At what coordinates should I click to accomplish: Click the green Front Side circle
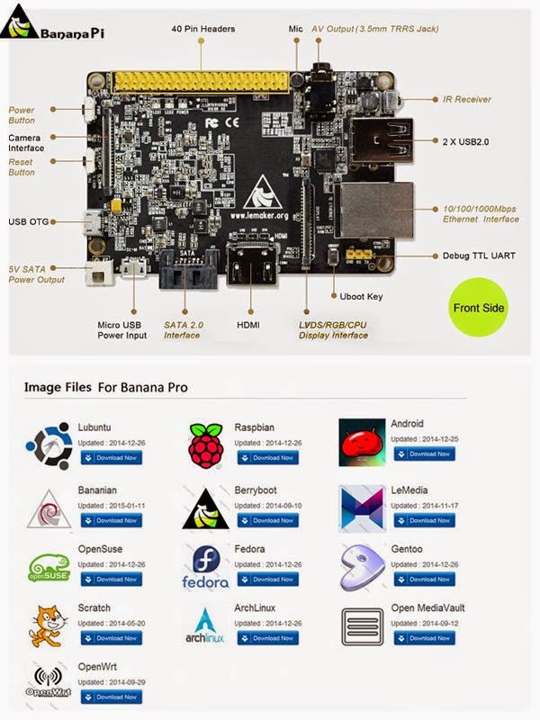[x=479, y=308]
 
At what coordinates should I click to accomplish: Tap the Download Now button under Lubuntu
[x=112, y=458]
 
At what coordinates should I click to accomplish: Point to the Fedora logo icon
[x=204, y=568]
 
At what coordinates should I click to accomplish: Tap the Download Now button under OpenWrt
[x=112, y=697]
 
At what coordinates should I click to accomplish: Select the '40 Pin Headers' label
[x=203, y=30]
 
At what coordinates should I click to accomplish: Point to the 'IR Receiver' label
[x=467, y=100]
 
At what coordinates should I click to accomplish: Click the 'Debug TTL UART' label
[x=480, y=256]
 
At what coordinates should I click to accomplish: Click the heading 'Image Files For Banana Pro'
[x=105, y=388]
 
